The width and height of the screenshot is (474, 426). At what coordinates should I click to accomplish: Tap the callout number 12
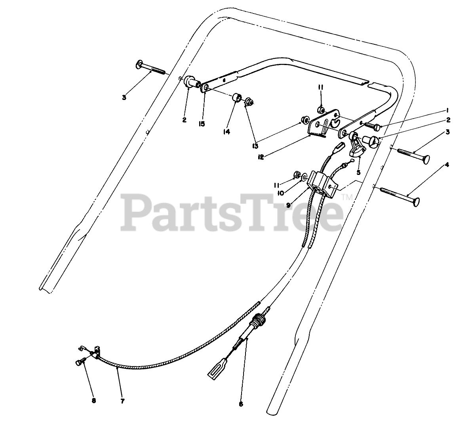[261, 157]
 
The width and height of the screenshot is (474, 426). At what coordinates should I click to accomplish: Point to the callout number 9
[289, 205]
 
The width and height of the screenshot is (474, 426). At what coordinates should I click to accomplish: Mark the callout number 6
[241, 404]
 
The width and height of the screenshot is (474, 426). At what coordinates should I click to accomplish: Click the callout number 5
[358, 173]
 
